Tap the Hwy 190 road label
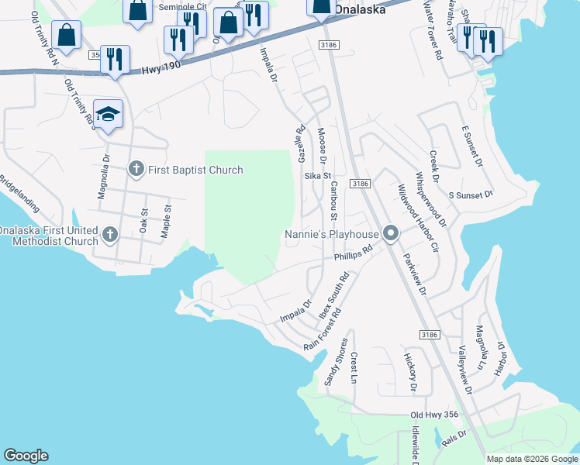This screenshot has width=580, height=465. pyautogui.click(x=161, y=71)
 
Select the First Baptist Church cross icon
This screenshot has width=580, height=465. pyautogui.click(x=136, y=169)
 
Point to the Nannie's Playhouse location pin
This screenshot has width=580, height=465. pyautogui.click(x=392, y=233)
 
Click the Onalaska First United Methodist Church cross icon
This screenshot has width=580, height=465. pyautogui.click(x=110, y=233)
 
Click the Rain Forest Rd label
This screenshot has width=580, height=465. pyautogui.click(x=323, y=330)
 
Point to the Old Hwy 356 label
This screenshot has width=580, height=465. pyautogui.click(x=434, y=415)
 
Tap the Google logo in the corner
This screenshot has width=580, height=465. pyautogui.click(x=26, y=456)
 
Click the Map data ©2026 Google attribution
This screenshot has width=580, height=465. pyautogui.click(x=531, y=459)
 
